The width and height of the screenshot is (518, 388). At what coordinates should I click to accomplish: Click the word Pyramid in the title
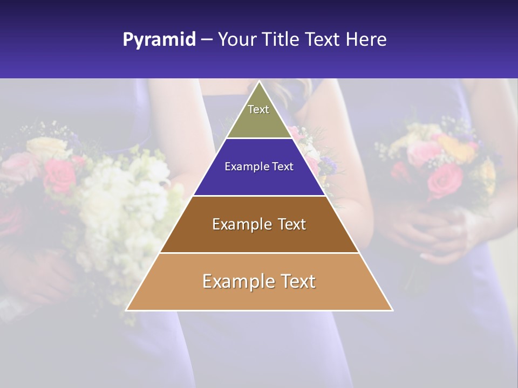coord(159,40)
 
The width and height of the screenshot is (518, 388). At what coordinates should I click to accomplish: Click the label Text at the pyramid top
coord(258,109)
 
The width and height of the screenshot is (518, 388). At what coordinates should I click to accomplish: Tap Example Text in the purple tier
coord(259,167)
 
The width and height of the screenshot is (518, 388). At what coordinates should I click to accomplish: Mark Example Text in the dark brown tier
coord(259,224)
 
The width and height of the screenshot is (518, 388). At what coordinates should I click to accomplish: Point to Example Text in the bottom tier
coord(259,281)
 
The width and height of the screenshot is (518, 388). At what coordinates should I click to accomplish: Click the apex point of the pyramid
coord(259,82)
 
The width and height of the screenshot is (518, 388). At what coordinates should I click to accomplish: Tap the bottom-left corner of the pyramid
coord(127,310)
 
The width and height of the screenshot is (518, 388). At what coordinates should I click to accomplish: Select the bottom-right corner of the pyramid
coord(392,310)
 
